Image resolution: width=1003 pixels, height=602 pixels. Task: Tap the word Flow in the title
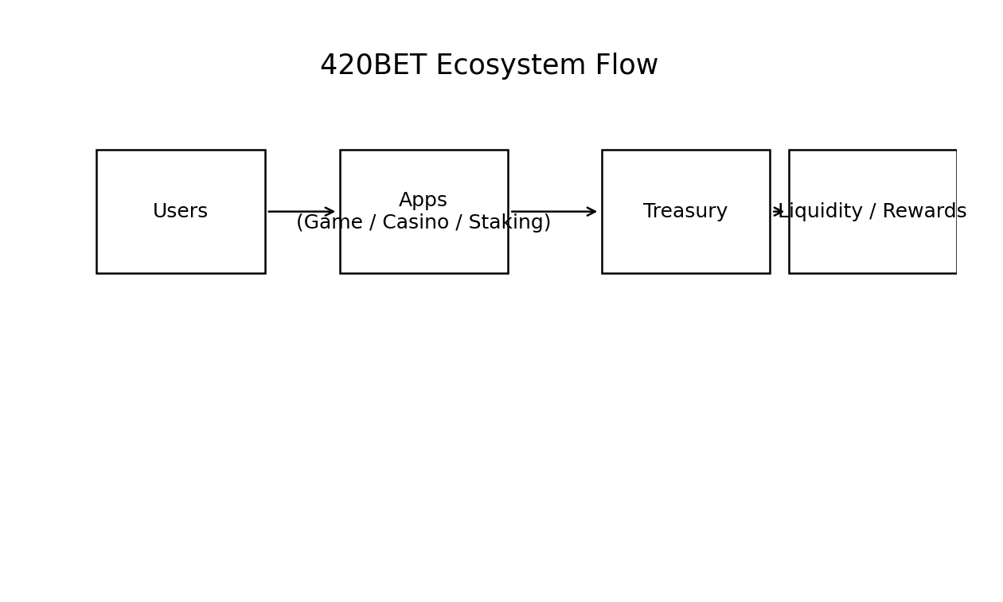coord(626,66)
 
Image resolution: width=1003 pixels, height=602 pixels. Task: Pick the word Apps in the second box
coord(423,201)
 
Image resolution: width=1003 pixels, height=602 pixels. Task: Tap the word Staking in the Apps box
coord(505,223)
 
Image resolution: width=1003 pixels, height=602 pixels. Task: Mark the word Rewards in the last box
coord(924,212)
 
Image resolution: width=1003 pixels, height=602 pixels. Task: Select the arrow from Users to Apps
coord(301,212)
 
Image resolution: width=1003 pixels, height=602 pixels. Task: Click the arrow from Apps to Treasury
coord(553,212)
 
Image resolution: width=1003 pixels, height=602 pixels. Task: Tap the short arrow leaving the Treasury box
coord(778,212)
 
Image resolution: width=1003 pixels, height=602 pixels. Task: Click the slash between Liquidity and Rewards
coord(872,212)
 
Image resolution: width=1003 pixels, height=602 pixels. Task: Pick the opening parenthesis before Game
coord(300,223)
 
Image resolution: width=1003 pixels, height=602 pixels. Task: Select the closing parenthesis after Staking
coord(547,223)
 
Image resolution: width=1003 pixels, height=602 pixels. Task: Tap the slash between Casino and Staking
coord(460,223)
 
